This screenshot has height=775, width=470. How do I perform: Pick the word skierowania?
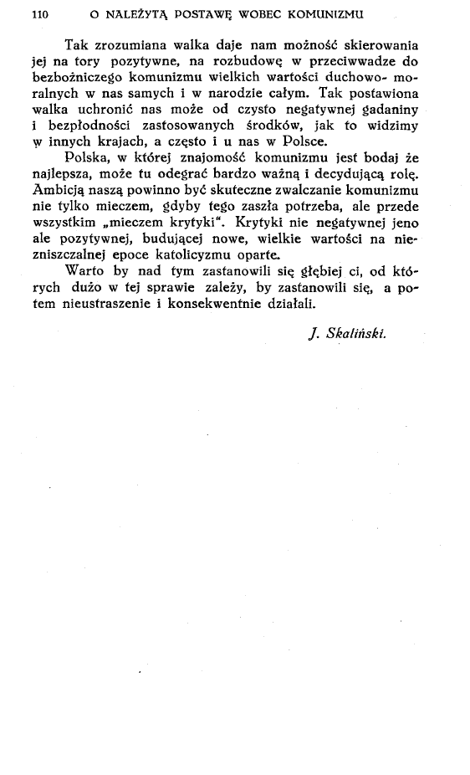[378, 44]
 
